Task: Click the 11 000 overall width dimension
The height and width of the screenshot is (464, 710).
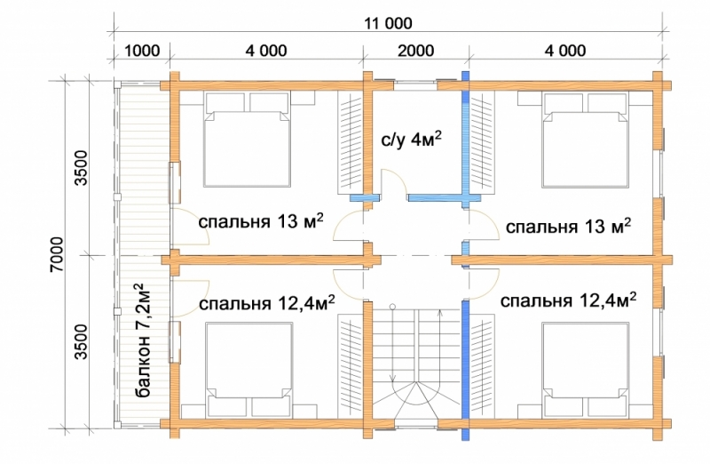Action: click(x=389, y=23)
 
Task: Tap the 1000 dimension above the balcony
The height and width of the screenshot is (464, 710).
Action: click(x=141, y=51)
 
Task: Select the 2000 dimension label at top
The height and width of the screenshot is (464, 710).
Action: click(x=415, y=51)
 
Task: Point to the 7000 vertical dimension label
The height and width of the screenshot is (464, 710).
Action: click(x=58, y=254)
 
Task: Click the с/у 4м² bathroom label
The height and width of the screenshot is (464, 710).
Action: click(x=411, y=140)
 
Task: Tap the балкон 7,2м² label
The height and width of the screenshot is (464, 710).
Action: click(x=143, y=340)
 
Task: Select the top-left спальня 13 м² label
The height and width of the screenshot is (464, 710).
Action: click(x=261, y=222)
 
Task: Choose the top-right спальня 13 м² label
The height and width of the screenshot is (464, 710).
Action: click(x=568, y=226)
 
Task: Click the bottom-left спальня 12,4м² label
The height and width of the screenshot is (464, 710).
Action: click(x=267, y=303)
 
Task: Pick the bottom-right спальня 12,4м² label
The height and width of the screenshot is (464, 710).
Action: click(x=568, y=300)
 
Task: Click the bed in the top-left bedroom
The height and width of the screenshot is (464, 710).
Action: click(x=248, y=140)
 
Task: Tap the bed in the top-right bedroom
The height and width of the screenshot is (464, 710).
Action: click(x=586, y=140)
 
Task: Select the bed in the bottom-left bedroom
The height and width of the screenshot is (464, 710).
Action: click(x=248, y=369)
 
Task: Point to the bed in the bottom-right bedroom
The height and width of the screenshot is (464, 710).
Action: click(x=586, y=369)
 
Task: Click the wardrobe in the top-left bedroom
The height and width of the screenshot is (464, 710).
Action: click(x=351, y=143)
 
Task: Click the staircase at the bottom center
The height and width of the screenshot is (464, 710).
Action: click(x=416, y=363)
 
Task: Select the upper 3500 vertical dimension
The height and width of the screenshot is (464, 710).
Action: click(x=81, y=168)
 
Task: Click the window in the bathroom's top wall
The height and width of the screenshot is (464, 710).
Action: click(x=415, y=85)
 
